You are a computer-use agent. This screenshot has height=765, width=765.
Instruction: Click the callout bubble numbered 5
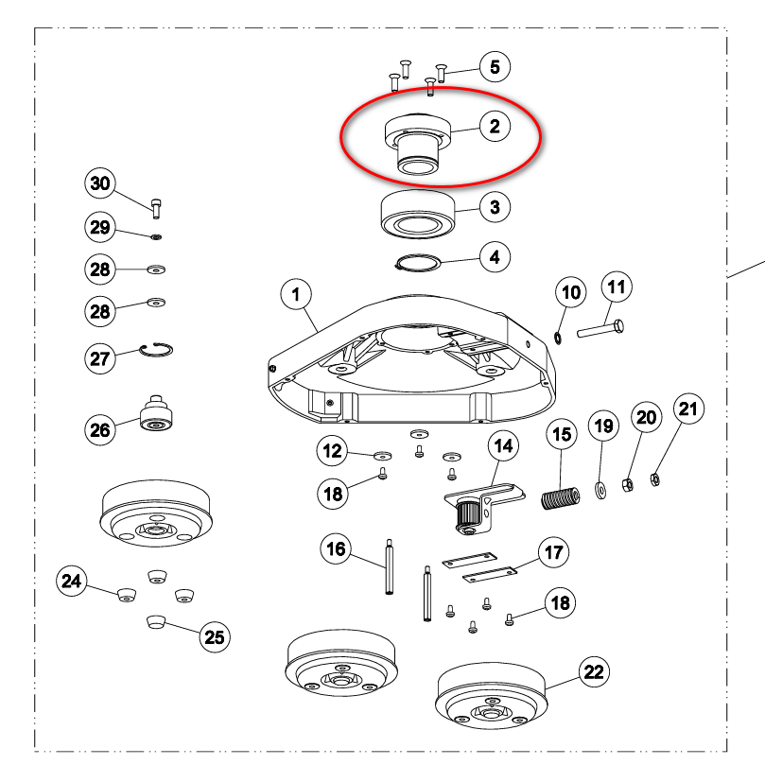coord(495,67)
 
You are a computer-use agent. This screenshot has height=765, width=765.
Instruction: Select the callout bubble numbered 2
coord(495,127)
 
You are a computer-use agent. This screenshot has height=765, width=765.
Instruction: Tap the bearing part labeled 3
coord(418,215)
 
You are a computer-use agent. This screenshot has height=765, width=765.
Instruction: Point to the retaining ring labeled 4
coord(418,263)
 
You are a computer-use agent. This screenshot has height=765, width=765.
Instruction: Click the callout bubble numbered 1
coord(296,294)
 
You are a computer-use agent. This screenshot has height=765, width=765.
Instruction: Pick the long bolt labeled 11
coord(600,328)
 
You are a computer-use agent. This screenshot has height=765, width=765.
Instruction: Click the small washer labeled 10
coord(558,338)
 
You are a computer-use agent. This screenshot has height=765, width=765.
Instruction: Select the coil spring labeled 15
coord(561,498)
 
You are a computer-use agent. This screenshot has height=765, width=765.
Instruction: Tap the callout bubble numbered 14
coord(503,445)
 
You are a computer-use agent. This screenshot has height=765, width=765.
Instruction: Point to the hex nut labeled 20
coord(628,485)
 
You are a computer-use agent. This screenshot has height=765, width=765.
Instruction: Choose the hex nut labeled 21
coord(655,479)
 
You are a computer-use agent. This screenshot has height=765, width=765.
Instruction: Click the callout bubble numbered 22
coord(594,671)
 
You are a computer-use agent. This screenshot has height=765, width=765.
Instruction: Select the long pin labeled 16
coord(389,566)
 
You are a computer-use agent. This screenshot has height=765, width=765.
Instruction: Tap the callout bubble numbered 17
coord(554,552)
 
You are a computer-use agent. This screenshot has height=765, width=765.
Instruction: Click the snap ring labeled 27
coord(156,349)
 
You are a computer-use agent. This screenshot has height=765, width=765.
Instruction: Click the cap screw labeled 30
coord(156,209)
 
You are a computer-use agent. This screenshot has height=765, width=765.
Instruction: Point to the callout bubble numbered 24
coord(72,581)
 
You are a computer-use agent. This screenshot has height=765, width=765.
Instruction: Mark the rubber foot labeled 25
coord(156,622)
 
